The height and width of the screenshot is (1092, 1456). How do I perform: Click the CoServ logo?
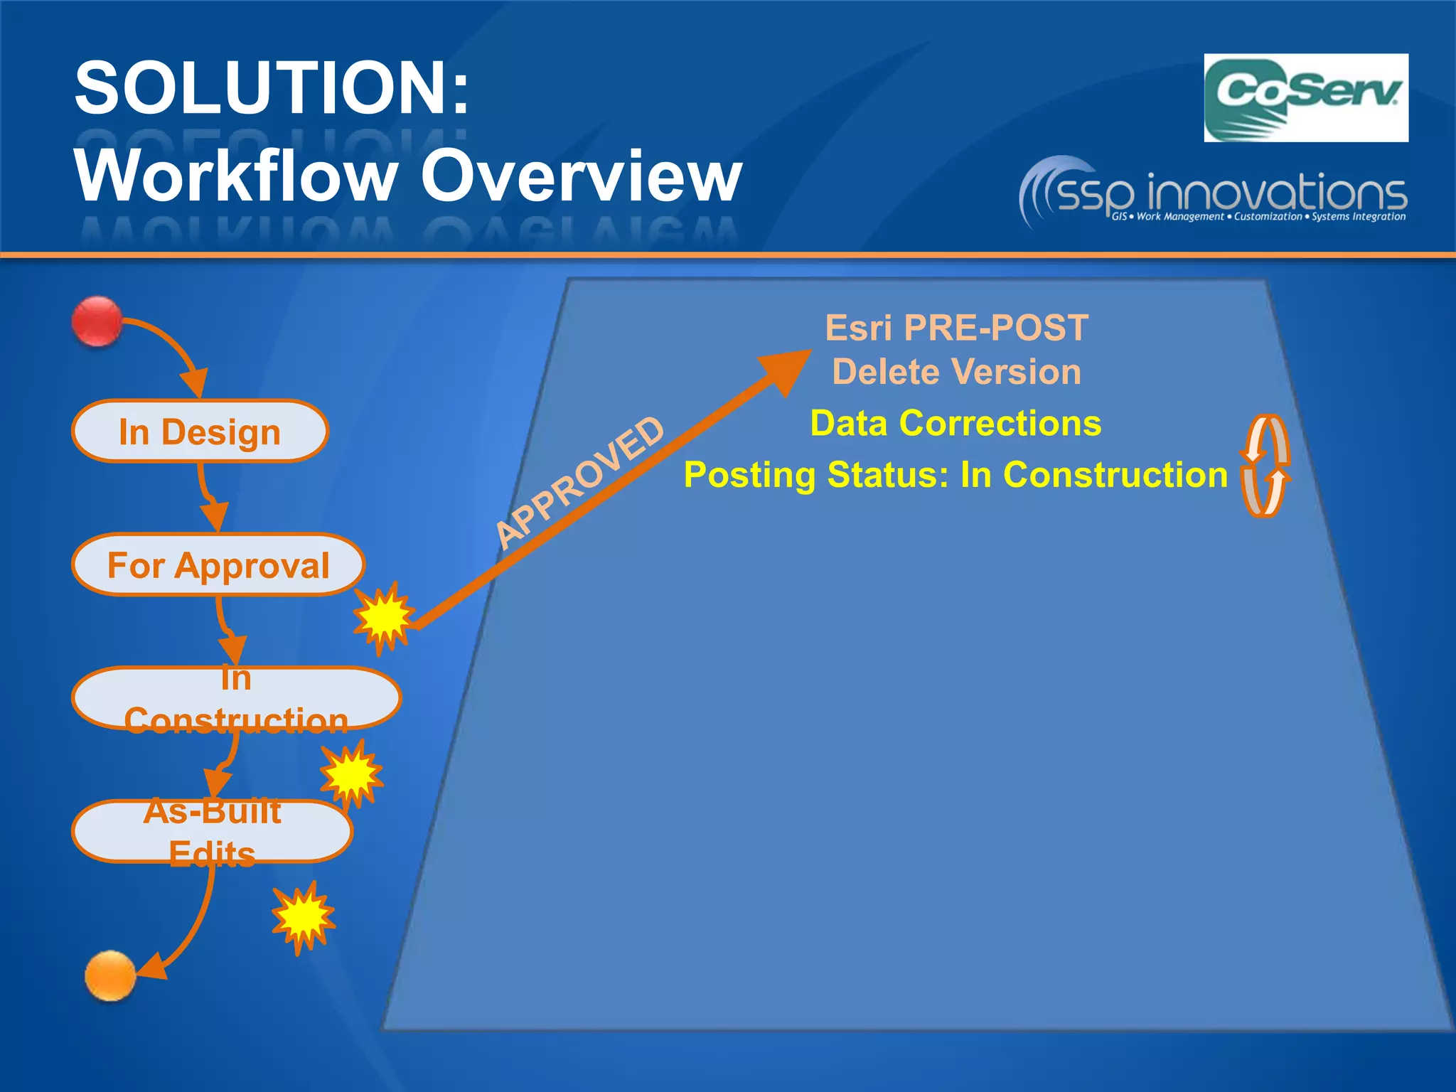pos(1305,98)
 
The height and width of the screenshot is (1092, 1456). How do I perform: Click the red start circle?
pos(97,322)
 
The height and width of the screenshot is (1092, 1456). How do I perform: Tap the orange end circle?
pos(110,975)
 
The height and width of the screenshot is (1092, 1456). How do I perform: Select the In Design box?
pos(200,432)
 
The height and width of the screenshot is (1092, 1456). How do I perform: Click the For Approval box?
pos(218,565)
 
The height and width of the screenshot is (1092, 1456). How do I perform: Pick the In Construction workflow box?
pos(236,698)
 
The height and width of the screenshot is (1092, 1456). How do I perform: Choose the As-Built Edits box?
pos(212,831)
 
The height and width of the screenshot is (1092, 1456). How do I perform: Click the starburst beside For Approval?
pos(384,616)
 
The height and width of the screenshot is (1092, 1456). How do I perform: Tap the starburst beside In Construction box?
pos(351,773)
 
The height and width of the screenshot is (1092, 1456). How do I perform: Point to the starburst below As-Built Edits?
pos(304,916)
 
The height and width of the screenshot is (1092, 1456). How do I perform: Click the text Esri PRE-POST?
pos(956,328)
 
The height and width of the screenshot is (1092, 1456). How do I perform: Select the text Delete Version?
pos(956,372)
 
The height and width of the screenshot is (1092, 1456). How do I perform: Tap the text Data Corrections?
pos(955,424)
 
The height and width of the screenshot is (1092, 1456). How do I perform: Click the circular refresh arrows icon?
pos(1265,466)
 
